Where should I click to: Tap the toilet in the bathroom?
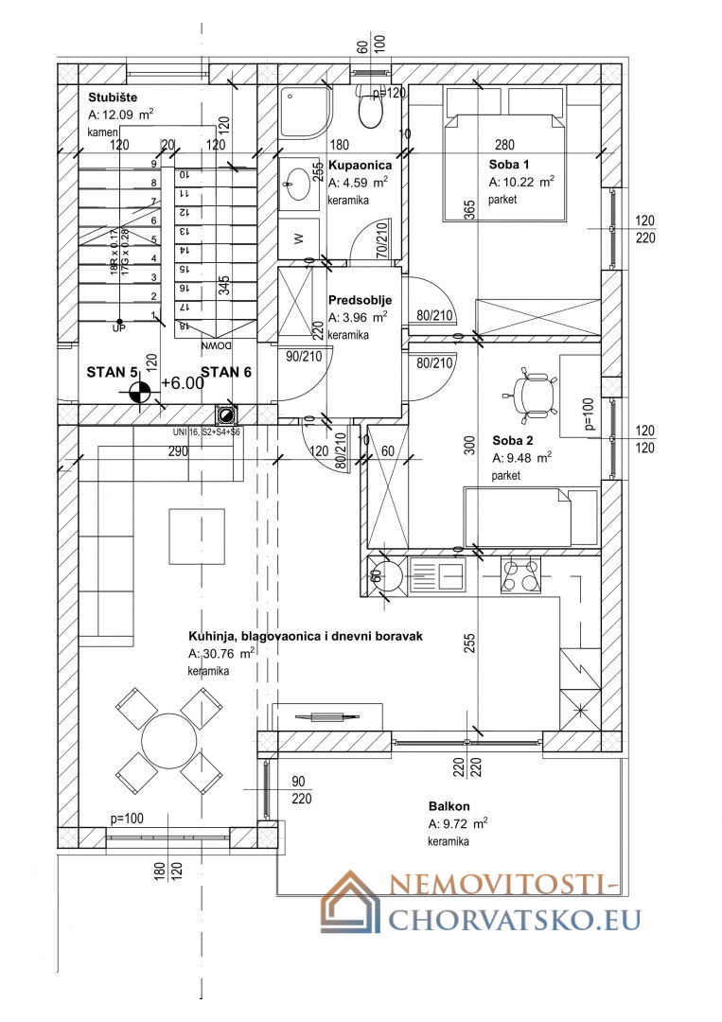point(370,110)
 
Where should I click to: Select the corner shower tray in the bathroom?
point(305,112)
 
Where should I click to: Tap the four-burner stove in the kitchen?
point(521,573)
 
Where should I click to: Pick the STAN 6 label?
point(226,372)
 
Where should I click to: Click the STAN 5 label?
point(113,372)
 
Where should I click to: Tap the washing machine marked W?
point(299,238)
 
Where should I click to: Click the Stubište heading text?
point(113,97)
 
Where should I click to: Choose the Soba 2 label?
point(513,440)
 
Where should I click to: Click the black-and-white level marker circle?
point(138,389)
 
